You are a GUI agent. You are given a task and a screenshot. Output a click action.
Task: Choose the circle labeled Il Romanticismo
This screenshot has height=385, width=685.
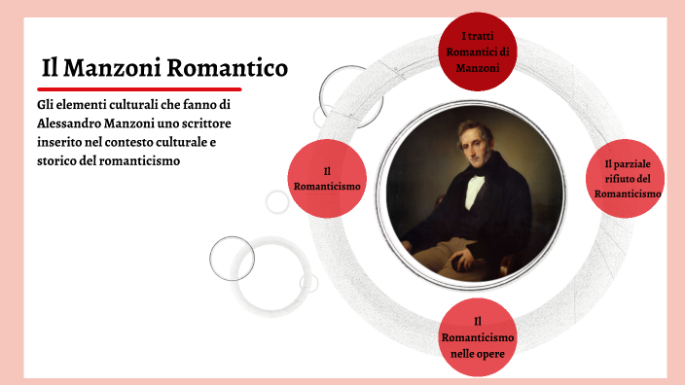(328, 178)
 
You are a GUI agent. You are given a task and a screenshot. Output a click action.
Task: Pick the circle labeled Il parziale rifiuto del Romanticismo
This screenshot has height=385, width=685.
(628, 178)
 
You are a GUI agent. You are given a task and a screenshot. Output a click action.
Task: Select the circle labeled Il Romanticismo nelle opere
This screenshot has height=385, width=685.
(477, 336)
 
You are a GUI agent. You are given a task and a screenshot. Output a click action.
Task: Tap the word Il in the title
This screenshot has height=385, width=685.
(53, 69)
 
